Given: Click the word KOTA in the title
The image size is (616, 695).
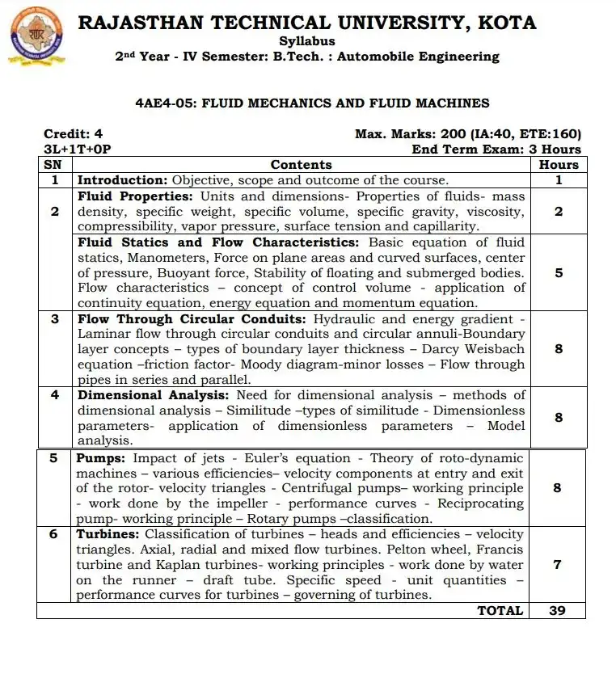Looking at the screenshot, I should [x=507, y=22].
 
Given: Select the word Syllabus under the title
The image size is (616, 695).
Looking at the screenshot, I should [x=307, y=40].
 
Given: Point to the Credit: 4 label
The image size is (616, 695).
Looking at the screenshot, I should [x=73, y=134].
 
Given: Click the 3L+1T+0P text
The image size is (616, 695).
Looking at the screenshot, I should [x=77, y=150].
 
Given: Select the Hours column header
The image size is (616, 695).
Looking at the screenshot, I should [x=559, y=164].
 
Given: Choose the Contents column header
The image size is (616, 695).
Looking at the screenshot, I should [x=301, y=164].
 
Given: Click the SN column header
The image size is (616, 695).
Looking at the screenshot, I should [x=54, y=164].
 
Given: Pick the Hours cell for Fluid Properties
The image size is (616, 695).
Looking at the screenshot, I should [x=559, y=212].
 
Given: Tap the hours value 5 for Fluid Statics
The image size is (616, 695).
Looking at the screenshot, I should [x=559, y=273].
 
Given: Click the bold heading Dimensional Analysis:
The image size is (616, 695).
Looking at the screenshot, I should [x=153, y=395].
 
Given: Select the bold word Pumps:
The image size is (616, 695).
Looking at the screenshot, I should [x=101, y=458].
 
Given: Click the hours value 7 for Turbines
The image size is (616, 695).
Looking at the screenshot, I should [x=558, y=565].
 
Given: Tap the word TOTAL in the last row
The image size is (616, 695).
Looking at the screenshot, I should [x=500, y=611].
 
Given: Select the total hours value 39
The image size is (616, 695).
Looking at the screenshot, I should [x=558, y=611].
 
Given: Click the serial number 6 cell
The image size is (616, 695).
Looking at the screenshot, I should [x=54, y=534].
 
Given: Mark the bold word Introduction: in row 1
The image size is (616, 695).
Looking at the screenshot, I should [x=122, y=180].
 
